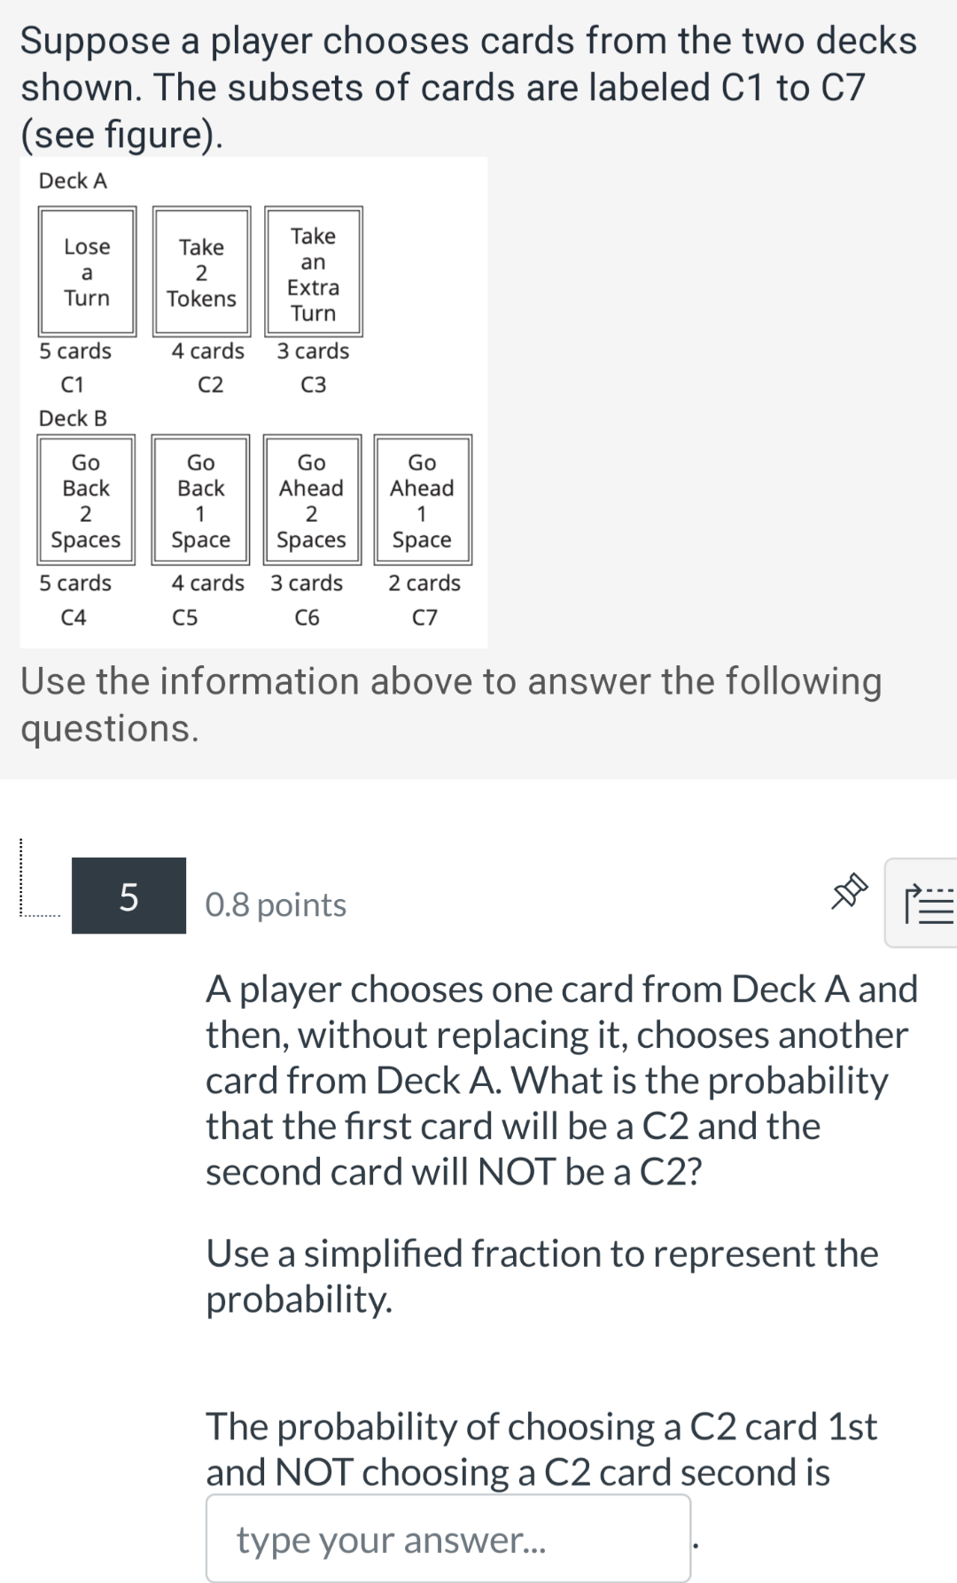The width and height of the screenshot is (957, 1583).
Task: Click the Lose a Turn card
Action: pos(87,272)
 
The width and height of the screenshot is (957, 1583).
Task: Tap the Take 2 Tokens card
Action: pos(201,272)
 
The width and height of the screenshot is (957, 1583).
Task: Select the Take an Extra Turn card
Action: pos(313,272)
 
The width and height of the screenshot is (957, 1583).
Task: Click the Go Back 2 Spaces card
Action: pos(86,501)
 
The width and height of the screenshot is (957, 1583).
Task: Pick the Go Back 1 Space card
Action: pos(201,501)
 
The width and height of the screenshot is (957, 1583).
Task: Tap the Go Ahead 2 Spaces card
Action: pos(311,501)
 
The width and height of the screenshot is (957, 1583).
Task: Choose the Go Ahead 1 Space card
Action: pos(422,501)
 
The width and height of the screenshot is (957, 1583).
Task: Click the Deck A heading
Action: pos(73,181)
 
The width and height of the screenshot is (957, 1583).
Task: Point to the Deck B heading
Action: pos(73,418)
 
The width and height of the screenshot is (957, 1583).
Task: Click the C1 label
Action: pos(73,384)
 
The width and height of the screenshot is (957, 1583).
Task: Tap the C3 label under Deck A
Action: pos(313,384)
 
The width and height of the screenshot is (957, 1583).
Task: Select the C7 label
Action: pos(424,617)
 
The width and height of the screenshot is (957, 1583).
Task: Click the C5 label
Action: pos(184,617)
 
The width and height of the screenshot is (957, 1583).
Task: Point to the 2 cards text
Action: pos(424,583)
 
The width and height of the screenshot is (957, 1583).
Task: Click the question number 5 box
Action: pos(128,896)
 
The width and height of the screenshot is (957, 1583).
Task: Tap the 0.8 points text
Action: pos(276,904)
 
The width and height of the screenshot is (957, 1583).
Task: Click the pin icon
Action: pos(847,891)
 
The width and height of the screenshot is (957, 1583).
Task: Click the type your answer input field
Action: pos(448,1539)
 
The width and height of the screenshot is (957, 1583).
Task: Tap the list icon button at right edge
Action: pos(926,904)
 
